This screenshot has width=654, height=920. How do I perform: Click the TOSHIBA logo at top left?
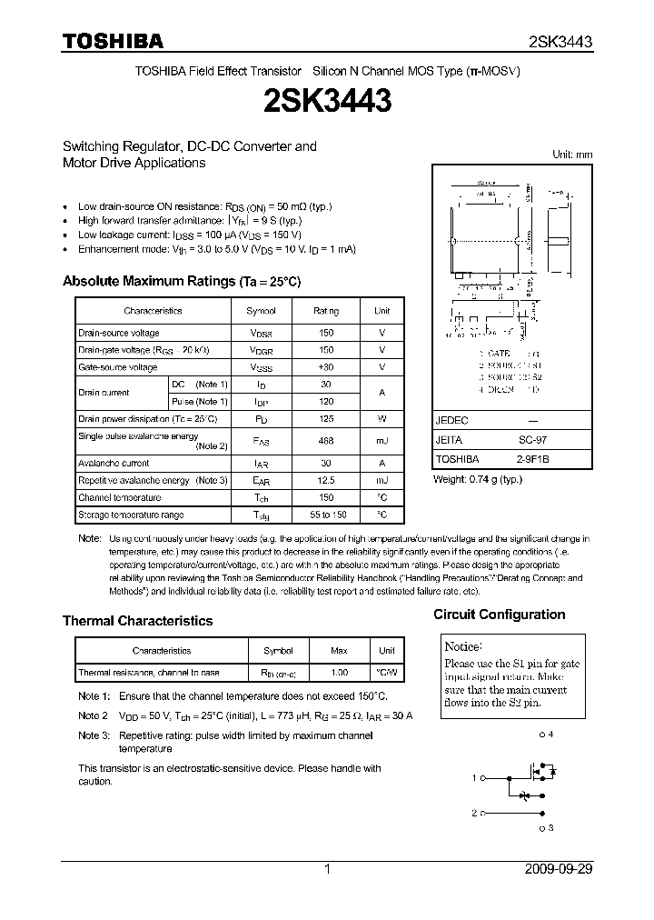tap(113, 41)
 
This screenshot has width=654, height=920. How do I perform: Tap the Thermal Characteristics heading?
tap(137, 621)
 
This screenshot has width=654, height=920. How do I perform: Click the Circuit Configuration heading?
tap(499, 615)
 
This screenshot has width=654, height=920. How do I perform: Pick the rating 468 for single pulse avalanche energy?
tap(326, 441)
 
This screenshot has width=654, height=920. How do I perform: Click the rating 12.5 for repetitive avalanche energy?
tap(326, 480)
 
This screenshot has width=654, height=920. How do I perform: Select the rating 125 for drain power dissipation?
tap(326, 419)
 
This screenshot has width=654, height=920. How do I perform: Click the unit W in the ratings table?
tap(382, 419)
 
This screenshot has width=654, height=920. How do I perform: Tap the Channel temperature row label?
tap(119, 497)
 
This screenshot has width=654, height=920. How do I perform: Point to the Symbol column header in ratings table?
tap(261, 311)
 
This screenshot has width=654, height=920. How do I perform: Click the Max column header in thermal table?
tap(339, 651)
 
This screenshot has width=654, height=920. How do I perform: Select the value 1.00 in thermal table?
tap(339, 674)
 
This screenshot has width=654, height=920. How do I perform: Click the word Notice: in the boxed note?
tap(462, 646)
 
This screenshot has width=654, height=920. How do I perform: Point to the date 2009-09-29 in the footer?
tap(558, 869)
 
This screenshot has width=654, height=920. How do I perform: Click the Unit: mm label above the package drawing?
tap(572, 155)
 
